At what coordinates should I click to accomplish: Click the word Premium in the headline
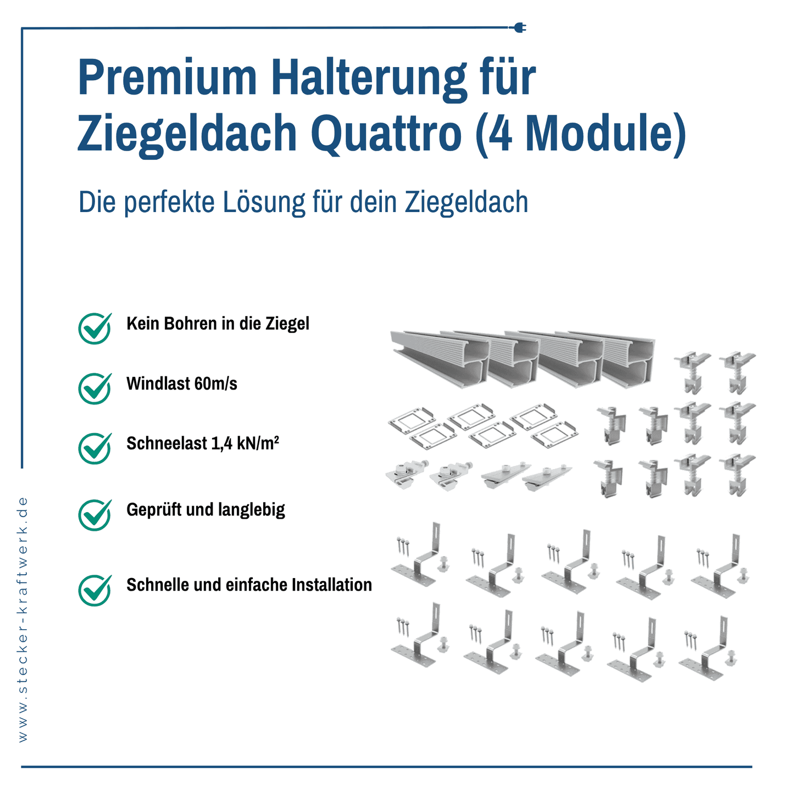[x=168, y=79]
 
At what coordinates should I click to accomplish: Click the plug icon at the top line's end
[x=518, y=27]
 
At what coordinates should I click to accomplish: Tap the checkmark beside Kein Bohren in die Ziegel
[x=95, y=328]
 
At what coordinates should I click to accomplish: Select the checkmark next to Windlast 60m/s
[x=95, y=388]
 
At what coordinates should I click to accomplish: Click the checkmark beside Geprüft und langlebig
[x=95, y=514]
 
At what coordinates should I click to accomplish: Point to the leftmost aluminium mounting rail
[x=440, y=360]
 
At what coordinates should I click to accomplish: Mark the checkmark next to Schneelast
[x=95, y=448]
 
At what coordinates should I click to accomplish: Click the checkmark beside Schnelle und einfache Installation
[x=95, y=590]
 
